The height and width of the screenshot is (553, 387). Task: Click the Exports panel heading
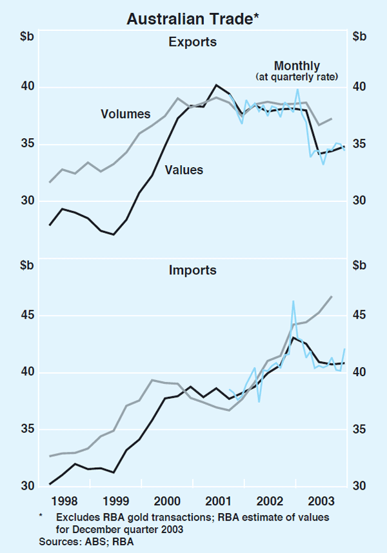coord(192,43)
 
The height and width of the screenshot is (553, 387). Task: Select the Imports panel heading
coord(192,270)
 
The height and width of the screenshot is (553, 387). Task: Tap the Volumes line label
coord(125,114)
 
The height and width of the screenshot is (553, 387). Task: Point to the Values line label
coord(184,170)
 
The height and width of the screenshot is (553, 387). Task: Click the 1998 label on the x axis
coord(66,501)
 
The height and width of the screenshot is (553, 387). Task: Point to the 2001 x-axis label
coord(218,501)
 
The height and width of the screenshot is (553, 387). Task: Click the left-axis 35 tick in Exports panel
coord(27,144)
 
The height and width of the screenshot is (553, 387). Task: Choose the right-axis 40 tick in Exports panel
coord(359,87)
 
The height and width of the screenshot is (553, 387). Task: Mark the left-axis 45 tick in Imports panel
coord(27,316)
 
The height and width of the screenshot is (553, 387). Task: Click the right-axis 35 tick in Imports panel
coord(359,429)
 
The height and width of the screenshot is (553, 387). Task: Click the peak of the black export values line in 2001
coord(216,85)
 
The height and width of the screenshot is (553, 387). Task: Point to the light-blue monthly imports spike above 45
coord(293,301)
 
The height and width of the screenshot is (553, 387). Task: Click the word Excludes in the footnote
coord(77,517)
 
